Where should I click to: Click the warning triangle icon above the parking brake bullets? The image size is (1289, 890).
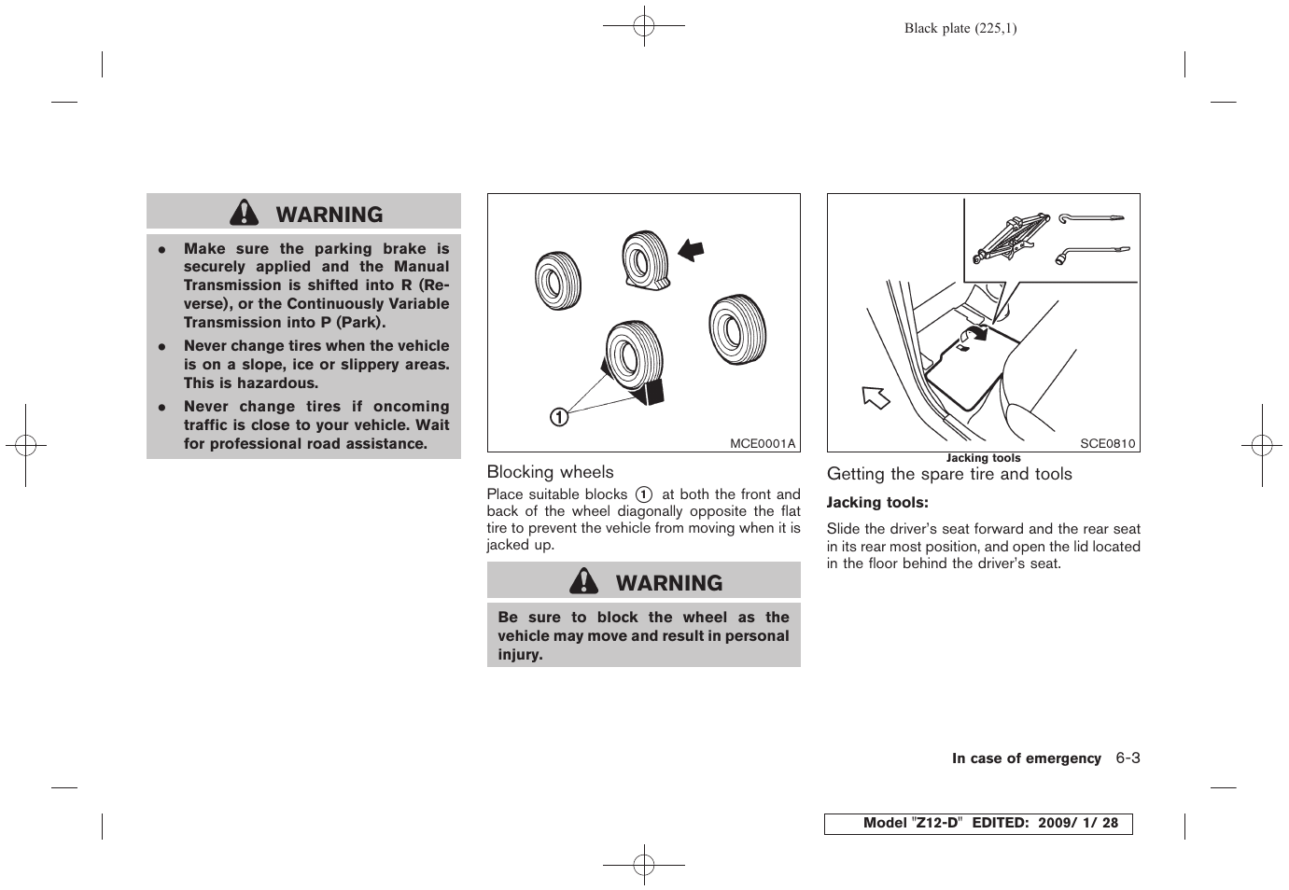[245, 214]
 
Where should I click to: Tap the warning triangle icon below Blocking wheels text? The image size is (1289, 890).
[584, 582]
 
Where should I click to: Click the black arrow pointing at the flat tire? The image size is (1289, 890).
[691, 249]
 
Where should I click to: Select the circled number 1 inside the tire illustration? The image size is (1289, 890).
[558, 417]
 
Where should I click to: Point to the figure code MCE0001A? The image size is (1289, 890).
[762, 443]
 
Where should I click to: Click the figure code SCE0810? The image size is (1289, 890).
[1107, 443]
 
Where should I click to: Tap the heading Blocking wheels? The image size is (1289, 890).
[550, 472]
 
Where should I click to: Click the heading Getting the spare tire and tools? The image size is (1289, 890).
[949, 474]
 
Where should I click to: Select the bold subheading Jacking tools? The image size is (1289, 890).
[877, 503]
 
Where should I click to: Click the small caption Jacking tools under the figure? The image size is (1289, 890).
[983, 458]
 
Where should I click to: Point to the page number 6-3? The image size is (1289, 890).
[1128, 758]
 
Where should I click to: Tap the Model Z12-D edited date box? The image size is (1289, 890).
[977, 823]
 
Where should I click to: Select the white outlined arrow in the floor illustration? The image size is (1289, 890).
[876, 397]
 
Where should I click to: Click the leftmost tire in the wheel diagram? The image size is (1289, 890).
[558, 279]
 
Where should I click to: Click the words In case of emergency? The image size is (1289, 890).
[1026, 758]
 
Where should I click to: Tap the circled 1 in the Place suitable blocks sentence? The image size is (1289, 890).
[644, 494]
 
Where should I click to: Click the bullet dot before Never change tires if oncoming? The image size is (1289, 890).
[161, 408]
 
